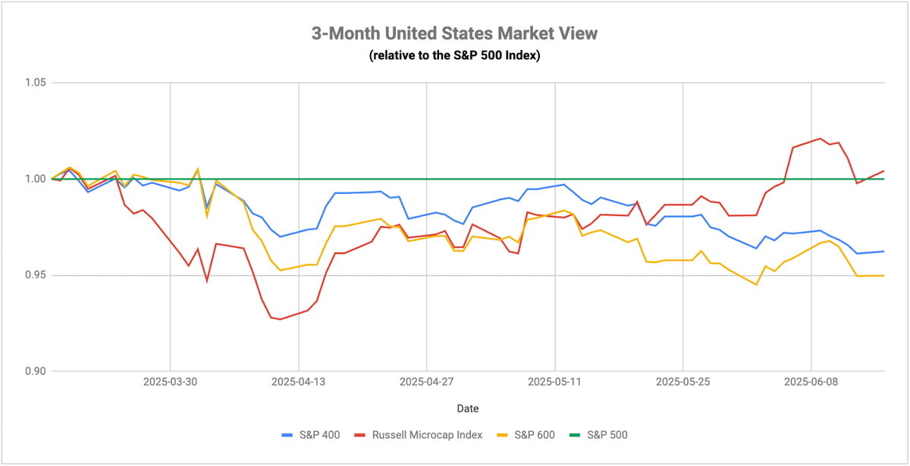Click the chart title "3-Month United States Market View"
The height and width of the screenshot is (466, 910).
(454, 33)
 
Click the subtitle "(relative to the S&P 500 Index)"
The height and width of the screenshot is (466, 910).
(454, 55)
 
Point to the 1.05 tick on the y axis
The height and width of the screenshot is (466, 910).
(36, 83)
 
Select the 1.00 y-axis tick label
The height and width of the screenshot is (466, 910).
(36, 179)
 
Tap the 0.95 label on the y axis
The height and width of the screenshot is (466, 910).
(36, 275)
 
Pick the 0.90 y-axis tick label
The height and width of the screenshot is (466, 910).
(36, 371)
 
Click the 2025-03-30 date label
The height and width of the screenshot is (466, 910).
(170, 382)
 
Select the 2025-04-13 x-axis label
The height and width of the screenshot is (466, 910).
(299, 382)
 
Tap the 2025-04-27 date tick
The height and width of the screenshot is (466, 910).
(426, 382)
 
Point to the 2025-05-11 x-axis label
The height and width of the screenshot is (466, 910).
(555, 382)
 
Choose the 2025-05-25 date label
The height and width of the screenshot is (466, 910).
(683, 382)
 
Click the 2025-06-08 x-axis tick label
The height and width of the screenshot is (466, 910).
(811, 382)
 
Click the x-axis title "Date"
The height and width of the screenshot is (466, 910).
(468, 408)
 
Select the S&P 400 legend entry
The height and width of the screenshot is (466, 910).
(311, 435)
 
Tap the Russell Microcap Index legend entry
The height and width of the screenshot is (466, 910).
(419, 435)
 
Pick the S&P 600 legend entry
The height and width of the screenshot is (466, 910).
(526, 435)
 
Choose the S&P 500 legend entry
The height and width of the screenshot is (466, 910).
(598, 435)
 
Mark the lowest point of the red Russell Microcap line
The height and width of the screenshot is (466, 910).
(280, 319)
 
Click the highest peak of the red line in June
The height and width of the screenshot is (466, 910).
(821, 139)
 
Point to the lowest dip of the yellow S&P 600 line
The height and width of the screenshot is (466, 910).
(756, 285)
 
